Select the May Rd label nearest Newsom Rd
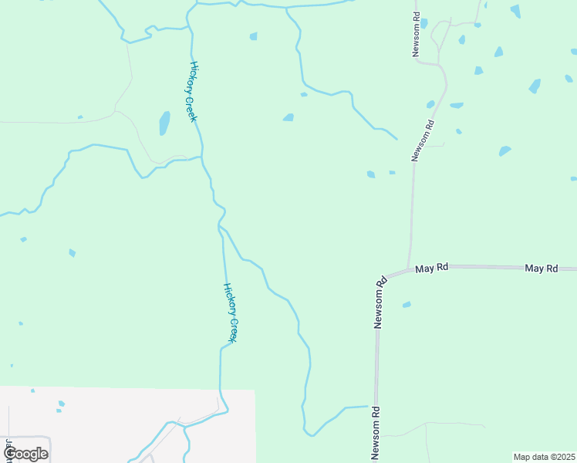click(x=432, y=269)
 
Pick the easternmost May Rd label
click(x=541, y=269)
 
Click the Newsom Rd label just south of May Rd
click(x=379, y=304)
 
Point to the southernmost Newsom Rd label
click(x=376, y=433)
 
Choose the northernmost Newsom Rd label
click(x=417, y=35)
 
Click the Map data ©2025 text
click(x=544, y=457)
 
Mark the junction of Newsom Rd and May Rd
click(x=408, y=270)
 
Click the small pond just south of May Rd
click(x=407, y=305)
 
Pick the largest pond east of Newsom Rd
click(x=535, y=86)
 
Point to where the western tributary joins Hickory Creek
click(x=202, y=157)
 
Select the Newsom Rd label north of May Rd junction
click(x=420, y=140)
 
